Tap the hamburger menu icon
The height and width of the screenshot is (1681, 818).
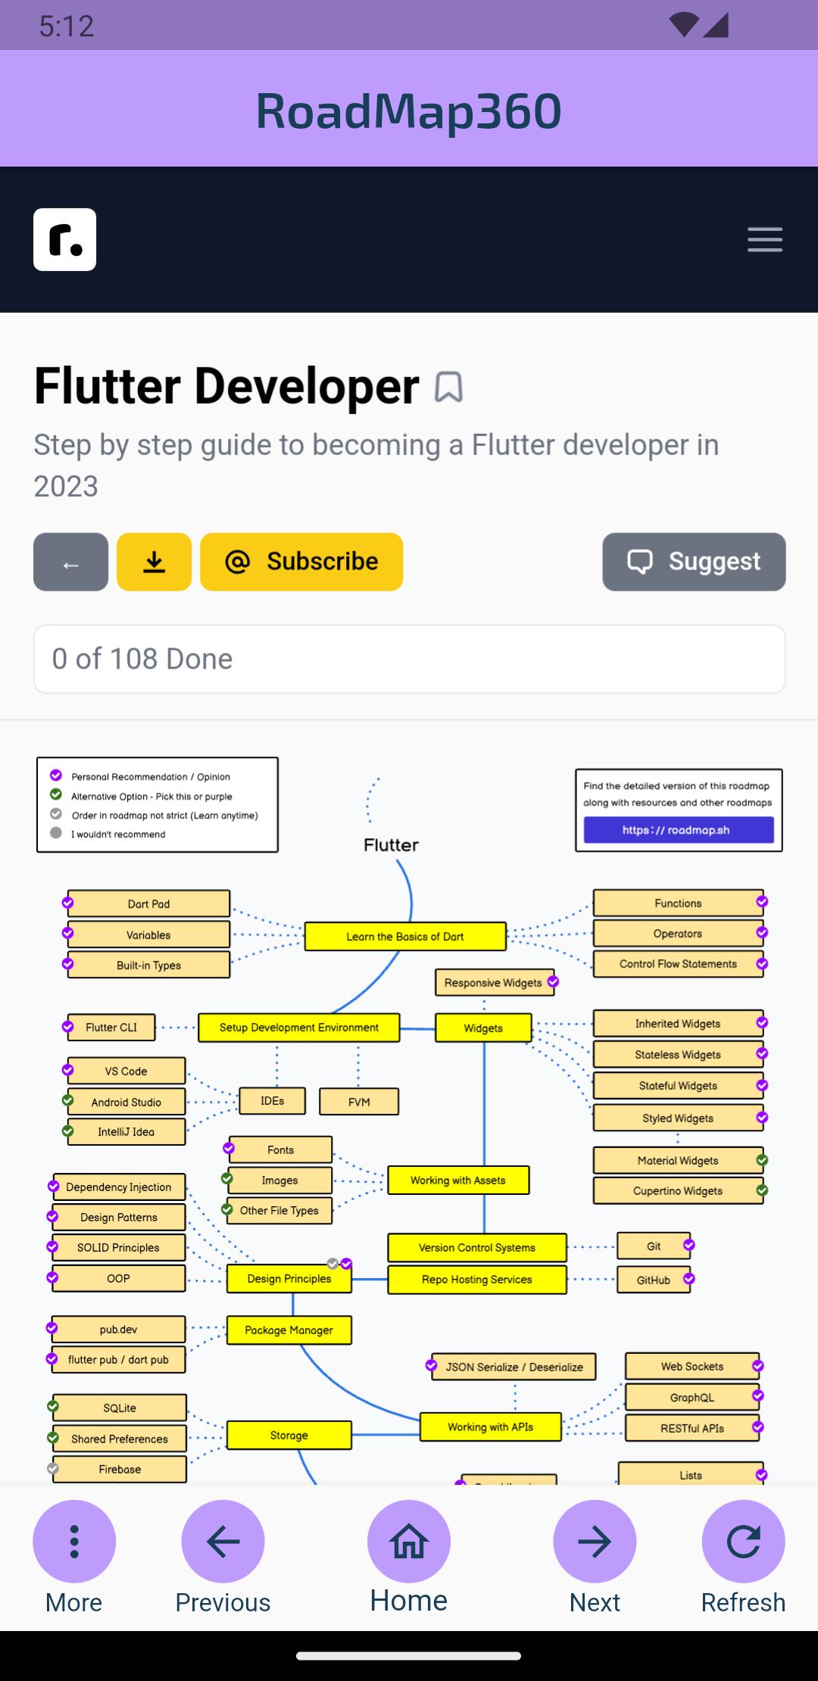[765, 239]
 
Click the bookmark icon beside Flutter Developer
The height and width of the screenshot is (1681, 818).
[448, 387]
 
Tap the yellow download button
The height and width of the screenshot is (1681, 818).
[154, 562]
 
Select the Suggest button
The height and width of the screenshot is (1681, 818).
[694, 562]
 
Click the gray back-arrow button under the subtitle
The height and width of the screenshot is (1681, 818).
[70, 562]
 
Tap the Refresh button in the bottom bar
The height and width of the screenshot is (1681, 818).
[743, 1541]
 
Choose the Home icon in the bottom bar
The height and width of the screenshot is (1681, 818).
[409, 1541]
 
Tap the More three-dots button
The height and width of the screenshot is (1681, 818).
[74, 1541]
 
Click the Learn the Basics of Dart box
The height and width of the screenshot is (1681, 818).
[405, 937]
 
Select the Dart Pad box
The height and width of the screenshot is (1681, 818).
[148, 904]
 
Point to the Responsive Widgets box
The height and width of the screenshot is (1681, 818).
[494, 983]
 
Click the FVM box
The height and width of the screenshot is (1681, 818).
[359, 1102]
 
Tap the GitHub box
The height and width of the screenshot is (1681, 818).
[654, 1280]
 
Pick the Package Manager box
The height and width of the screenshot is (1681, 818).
[289, 1330]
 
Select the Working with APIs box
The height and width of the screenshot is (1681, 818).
[491, 1427]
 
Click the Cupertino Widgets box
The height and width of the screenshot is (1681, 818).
[678, 1191]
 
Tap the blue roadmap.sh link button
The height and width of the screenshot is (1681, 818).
[679, 830]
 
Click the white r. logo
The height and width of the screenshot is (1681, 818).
[65, 239]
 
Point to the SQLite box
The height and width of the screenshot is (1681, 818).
[120, 1408]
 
